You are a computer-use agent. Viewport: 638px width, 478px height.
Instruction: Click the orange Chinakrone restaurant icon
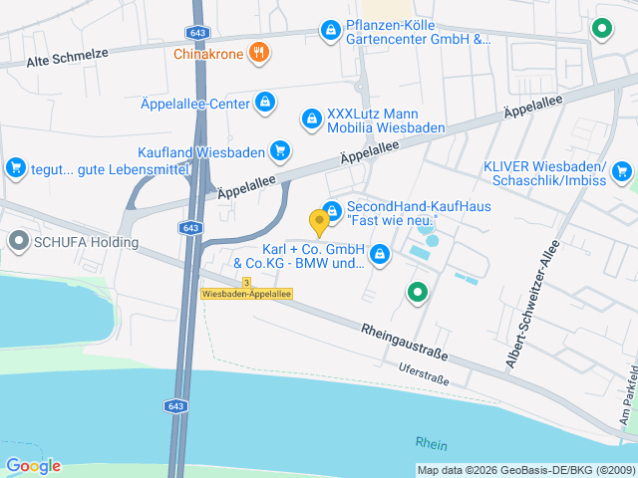pos(259,53)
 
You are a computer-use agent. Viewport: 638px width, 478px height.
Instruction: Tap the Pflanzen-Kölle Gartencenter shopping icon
pos(329,32)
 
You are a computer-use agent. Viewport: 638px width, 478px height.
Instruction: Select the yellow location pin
pos(319,221)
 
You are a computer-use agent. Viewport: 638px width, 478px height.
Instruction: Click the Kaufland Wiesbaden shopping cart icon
pos(281,152)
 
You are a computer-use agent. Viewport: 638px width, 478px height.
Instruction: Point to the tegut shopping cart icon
pos(15,168)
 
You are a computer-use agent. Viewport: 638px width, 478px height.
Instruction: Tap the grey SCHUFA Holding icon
pos(19,240)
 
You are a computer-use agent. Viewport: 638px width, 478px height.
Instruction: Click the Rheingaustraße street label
pos(404,342)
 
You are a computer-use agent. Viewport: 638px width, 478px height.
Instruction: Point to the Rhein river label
pos(432,444)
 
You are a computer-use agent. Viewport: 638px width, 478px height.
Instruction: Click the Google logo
pos(33,466)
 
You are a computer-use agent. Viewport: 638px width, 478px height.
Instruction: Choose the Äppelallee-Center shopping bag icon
pos(264,101)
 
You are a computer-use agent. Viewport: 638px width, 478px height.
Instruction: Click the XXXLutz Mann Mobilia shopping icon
pos(312,119)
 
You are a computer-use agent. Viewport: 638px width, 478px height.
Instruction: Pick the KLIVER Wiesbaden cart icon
pos(623,171)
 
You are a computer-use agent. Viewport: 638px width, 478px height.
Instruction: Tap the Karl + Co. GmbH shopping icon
pos(379,256)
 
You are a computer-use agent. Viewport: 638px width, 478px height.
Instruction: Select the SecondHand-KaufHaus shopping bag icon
pos(332,211)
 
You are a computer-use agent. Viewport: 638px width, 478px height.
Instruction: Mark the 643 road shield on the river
pos(175,406)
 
